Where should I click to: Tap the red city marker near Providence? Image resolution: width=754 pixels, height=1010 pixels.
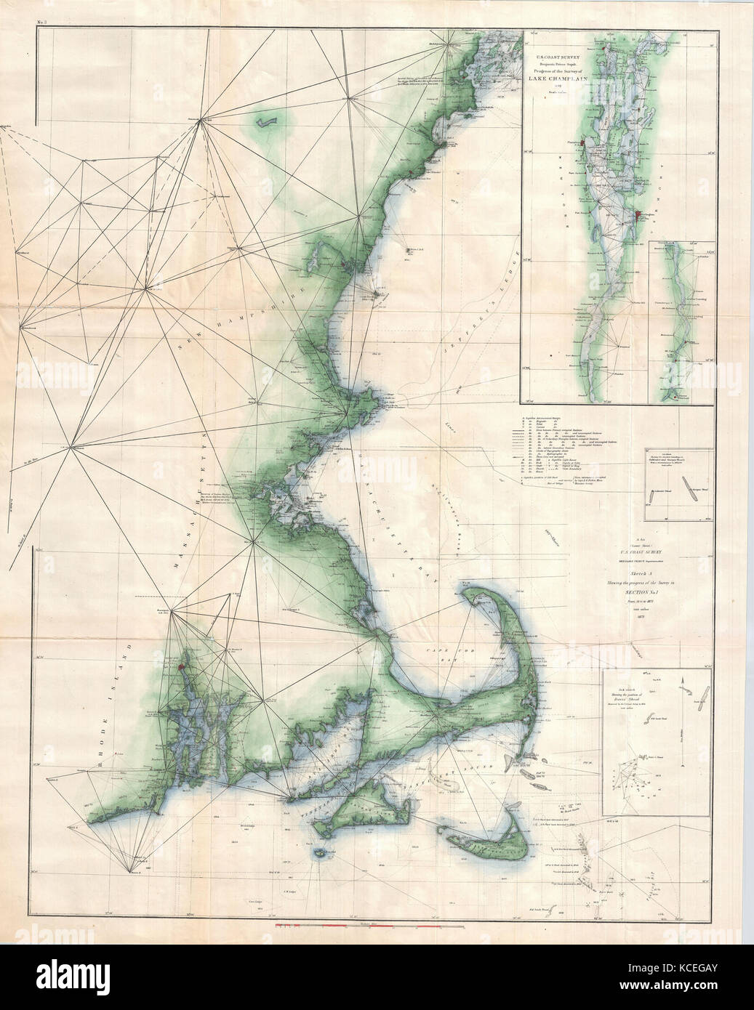[x=180, y=663]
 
